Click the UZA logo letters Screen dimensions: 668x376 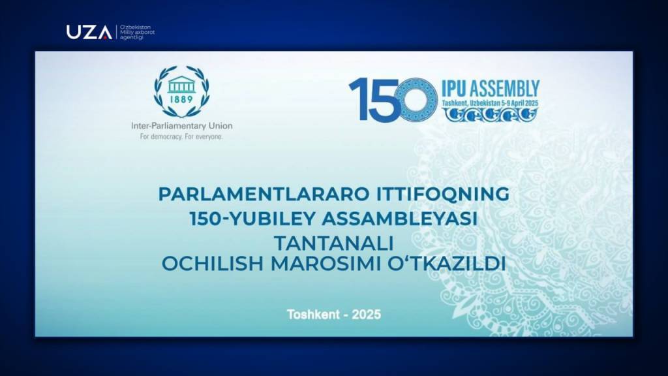point(89,33)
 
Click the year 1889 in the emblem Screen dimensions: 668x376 point(181,99)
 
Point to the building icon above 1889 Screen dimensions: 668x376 point(181,84)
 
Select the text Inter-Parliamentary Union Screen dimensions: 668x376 point(182,126)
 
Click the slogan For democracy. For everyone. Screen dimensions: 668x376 point(181,137)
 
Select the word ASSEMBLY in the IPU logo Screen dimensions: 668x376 point(505,89)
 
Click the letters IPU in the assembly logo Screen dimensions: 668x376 point(454,89)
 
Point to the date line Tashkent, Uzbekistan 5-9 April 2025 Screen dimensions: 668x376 point(491,103)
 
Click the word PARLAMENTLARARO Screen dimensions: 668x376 point(264,194)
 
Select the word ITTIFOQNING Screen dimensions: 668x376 point(443,194)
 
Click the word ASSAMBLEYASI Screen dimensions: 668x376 point(400,219)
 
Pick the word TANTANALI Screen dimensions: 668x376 point(333,243)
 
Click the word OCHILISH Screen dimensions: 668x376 point(213,264)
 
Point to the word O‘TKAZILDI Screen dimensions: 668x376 point(446,264)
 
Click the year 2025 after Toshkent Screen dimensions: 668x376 point(367,315)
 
